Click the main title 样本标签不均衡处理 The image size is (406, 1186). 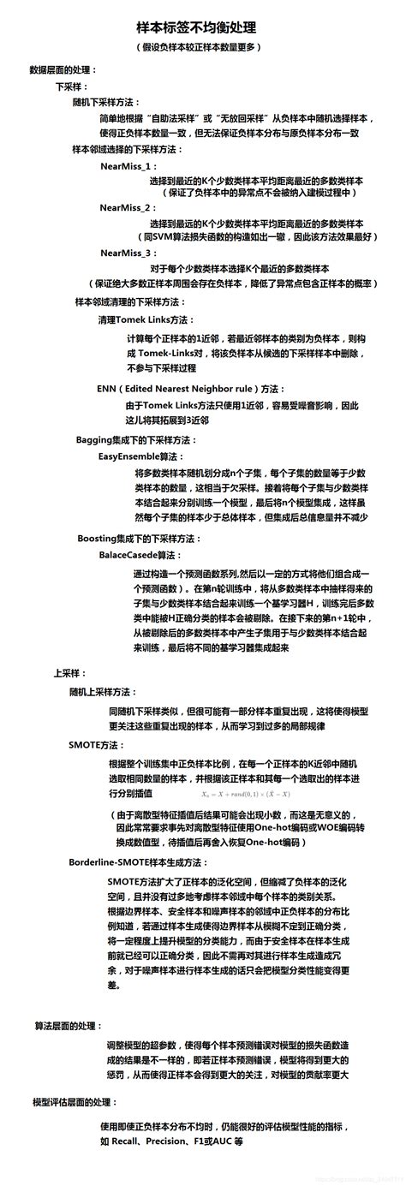[x=201, y=27]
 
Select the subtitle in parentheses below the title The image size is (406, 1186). [x=201, y=47]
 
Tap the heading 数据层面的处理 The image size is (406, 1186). [x=63, y=69]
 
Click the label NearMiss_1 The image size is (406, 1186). [x=127, y=166]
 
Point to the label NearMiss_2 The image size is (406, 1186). [x=127, y=207]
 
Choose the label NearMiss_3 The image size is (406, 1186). [x=127, y=253]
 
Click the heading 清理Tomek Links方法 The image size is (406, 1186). [x=142, y=319]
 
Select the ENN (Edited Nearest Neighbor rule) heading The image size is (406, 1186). [x=180, y=387]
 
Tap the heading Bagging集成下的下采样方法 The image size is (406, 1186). [x=138, y=439]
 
